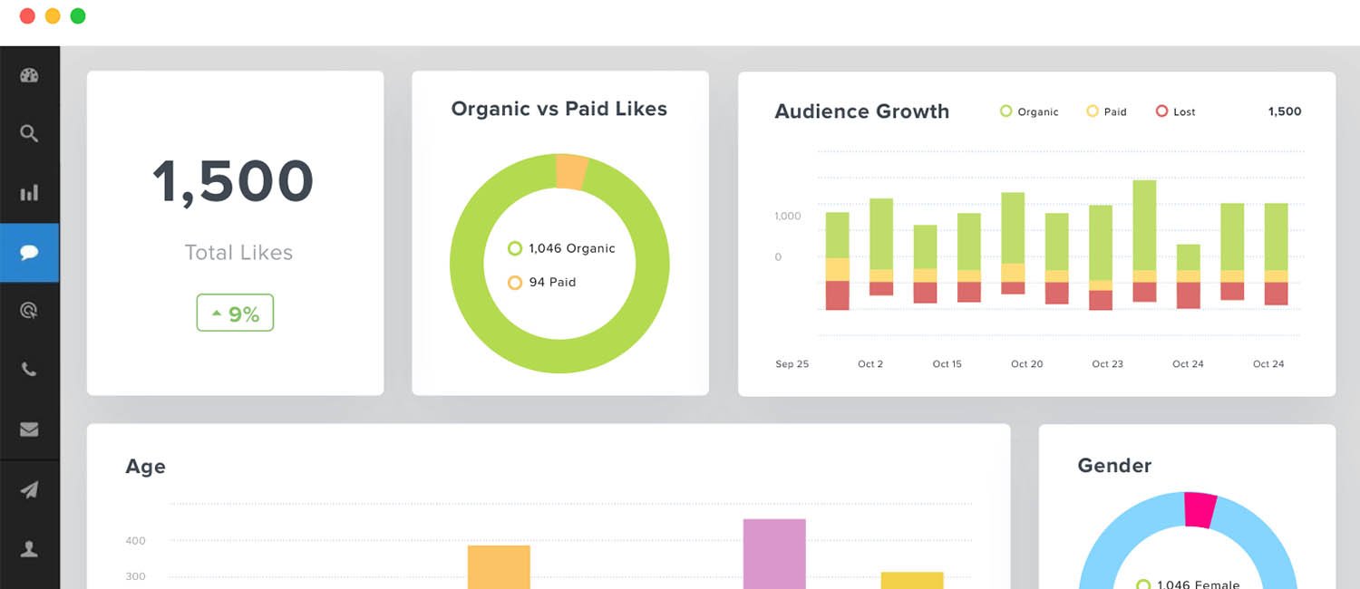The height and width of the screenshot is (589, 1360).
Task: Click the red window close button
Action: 27,16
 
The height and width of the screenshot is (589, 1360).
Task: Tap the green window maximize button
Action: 78,16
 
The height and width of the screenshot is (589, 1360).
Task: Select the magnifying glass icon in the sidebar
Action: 29,134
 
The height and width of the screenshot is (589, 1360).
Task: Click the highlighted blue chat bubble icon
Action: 29,253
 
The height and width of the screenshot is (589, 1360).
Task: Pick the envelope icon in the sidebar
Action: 29,430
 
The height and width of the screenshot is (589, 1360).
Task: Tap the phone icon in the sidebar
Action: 29,370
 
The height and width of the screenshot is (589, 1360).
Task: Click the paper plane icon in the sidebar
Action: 29,490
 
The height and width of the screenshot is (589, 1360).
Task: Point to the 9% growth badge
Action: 235,314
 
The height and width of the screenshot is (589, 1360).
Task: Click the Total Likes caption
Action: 238,253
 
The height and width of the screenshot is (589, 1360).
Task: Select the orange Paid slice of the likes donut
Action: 571,171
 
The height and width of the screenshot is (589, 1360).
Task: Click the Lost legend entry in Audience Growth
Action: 1176,111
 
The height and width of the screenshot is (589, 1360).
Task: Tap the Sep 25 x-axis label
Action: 792,364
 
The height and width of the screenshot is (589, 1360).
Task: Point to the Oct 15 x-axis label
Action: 947,364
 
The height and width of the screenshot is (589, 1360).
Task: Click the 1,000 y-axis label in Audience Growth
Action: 787,217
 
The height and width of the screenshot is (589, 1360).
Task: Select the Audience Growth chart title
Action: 861,111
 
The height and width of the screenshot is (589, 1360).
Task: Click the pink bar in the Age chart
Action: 774,553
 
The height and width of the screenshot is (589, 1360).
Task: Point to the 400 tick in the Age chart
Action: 135,541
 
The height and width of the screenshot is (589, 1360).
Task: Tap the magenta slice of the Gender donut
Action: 1200,509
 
